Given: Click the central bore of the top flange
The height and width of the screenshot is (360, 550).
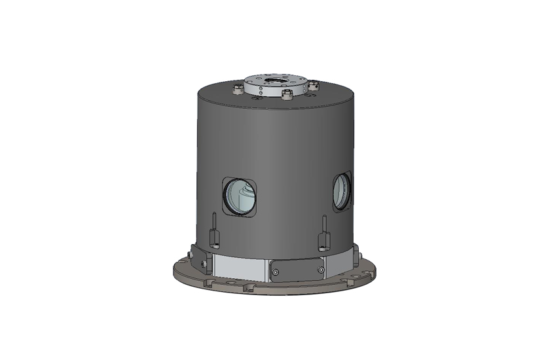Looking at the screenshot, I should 276,81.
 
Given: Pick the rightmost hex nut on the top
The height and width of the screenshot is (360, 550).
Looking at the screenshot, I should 314,85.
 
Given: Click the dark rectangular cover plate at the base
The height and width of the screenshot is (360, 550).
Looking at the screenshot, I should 298,270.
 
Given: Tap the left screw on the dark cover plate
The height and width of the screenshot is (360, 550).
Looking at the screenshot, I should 276,271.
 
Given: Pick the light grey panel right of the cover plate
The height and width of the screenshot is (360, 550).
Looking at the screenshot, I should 340,262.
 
